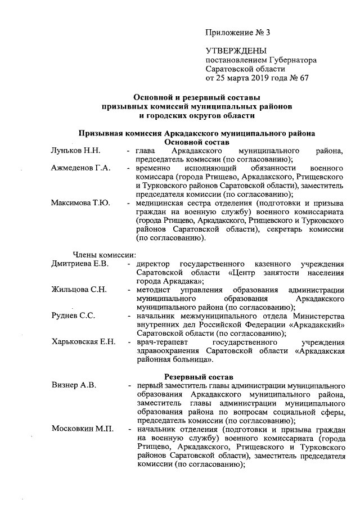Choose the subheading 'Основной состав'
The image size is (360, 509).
[196, 142]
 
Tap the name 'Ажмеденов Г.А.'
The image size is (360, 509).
[81, 169]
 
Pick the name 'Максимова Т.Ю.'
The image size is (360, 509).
[80, 203]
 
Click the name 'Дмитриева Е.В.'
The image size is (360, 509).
[80, 263]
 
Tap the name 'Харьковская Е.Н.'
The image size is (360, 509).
[83, 341]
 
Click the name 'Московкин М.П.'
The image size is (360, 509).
[82, 429]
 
